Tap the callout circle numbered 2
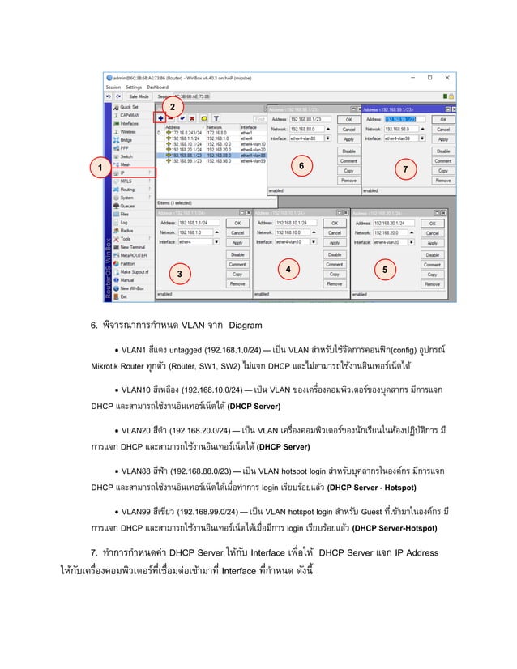(x=171, y=107)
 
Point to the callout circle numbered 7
(x=406, y=168)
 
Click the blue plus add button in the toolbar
(x=162, y=118)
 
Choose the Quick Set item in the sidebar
(x=129, y=107)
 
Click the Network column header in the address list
(x=215, y=126)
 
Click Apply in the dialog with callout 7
(x=442, y=140)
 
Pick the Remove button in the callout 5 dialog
(x=432, y=284)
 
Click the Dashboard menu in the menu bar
(x=157, y=87)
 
